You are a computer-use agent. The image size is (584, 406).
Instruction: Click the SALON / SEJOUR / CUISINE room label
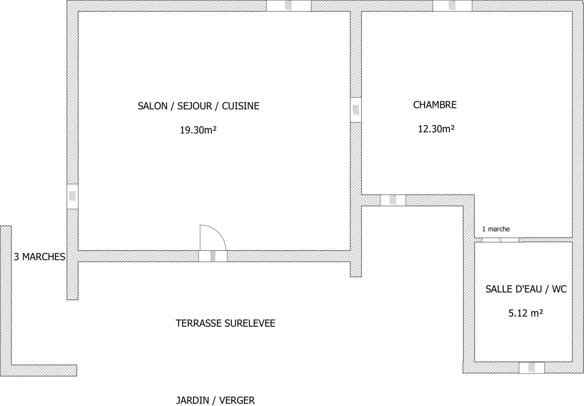pos(198,106)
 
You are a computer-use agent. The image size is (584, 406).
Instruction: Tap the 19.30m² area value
pos(198,130)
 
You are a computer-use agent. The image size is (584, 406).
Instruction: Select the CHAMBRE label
pos(435,105)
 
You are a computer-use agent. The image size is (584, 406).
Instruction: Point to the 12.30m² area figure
pos(436,129)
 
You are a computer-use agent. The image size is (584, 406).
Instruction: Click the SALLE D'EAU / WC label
pos(526,289)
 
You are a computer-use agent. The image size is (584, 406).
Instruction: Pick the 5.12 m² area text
pos(526,313)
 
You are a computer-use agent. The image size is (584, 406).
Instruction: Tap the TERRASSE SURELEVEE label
pos(225,323)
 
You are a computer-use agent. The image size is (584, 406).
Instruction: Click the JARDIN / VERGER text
pos(215,400)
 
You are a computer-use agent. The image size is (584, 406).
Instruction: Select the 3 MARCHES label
pos(40,257)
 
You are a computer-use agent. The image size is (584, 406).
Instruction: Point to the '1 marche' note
pos(496,229)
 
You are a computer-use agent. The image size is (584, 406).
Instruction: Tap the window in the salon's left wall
pos(72,196)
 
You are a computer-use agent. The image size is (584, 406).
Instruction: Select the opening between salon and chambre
pos(355,109)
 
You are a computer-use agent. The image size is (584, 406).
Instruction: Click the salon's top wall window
pos(288,6)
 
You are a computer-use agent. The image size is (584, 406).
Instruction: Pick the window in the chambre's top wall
pos(452,6)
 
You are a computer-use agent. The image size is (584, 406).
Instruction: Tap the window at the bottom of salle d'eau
pos(532,368)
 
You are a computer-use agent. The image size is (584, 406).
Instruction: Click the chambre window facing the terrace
pos(393,200)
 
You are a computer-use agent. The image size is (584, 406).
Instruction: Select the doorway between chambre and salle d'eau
pos(500,240)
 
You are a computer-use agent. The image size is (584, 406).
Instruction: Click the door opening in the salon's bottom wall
pos(213,256)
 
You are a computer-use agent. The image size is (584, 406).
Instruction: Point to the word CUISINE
pos(240,106)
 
